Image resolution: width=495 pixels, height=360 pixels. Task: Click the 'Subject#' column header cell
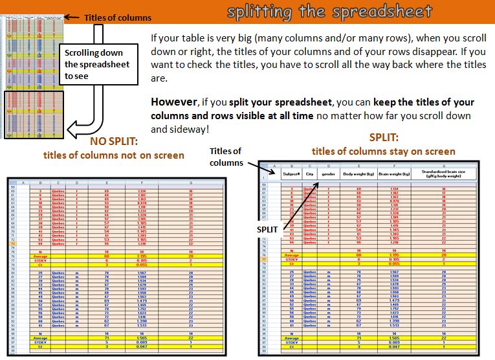click(292, 174)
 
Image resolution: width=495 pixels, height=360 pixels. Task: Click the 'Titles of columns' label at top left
click(118, 17)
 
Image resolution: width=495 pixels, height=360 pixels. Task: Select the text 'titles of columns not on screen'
click(113, 155)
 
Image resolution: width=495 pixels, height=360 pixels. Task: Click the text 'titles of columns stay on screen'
click(383, 152)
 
